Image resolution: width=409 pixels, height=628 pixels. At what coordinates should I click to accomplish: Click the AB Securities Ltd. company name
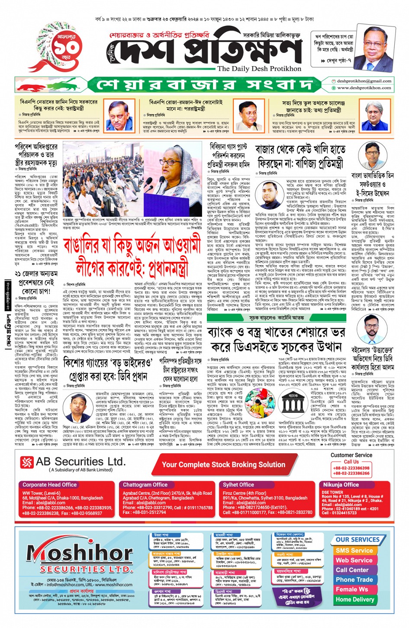coord(81,461)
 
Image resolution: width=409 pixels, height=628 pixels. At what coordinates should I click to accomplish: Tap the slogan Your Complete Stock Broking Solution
coord(223,465)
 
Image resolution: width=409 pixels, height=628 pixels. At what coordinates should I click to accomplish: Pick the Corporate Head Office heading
coord(49,485)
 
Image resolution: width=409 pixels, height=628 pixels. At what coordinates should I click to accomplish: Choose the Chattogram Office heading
coord(145,485)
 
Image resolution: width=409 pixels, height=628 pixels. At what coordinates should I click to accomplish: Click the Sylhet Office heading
coord(238,485)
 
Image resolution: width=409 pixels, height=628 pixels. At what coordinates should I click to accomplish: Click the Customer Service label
coord(351,455)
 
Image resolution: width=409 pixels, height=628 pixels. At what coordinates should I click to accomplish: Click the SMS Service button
coord(354,551)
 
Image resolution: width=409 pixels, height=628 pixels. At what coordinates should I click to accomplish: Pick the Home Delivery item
coord(354,599)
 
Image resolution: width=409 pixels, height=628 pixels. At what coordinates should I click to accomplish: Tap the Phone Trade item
coord(354,580)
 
